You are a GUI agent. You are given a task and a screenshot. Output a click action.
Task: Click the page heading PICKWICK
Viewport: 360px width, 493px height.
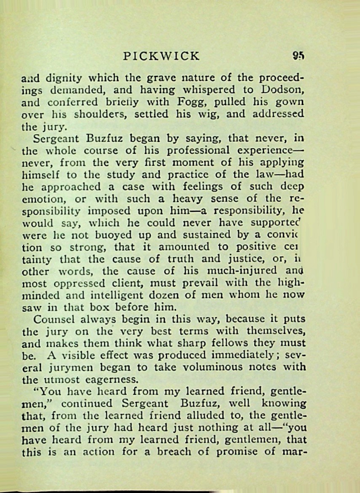(x=161, y=56)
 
